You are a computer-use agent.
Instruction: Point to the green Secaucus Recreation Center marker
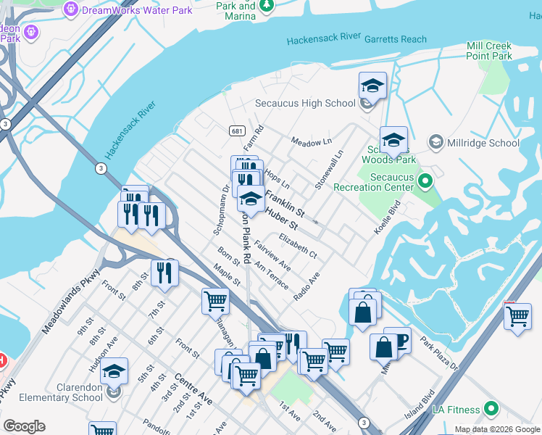(x=425, y=179)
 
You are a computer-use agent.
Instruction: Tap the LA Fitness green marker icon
(x=492, y=409)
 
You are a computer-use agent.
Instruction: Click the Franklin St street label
(x=284, y=202)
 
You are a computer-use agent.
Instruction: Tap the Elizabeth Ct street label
(x=298, y=245)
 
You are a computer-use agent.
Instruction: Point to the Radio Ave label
(x=307, y=287)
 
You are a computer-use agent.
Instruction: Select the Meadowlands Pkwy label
(x=70, y=299)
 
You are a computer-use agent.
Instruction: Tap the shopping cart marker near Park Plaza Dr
(x=517, y=316)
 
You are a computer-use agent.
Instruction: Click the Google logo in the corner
(x=24, y=426)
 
